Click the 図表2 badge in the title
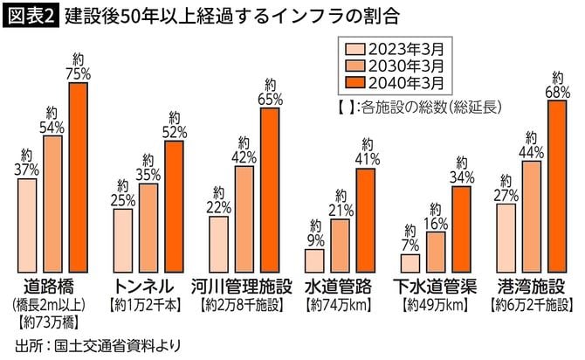(30, 16)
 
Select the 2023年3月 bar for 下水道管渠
(409, 262)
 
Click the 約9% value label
(314, 232)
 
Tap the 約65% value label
(270, 91)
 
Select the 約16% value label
(436, 213)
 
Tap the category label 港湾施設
(533, 286)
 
